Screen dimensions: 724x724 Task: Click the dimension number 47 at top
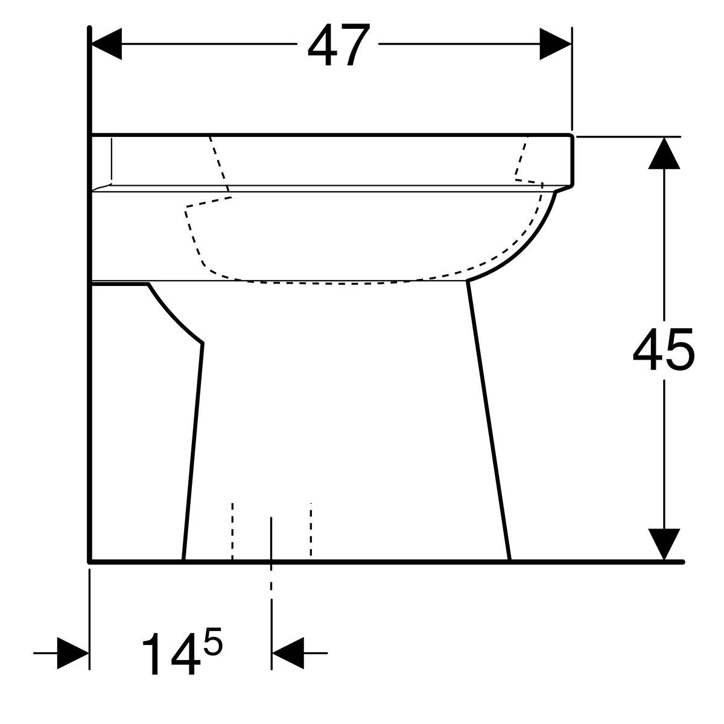[338, 45]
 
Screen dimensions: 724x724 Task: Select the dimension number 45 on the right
[663, 349]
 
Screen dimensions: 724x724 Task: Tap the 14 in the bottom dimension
[171, 654]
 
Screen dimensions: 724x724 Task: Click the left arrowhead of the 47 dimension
[106, 44]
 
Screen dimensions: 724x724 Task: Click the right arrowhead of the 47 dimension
[555, 44]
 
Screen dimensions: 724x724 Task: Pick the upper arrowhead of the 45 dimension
[664, 153]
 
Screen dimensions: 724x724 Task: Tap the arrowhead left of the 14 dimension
[73, 653]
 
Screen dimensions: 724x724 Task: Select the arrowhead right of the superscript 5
[288, 653]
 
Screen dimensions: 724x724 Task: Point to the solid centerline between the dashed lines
[271, 537]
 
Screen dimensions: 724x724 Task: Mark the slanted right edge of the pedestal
[489, 422]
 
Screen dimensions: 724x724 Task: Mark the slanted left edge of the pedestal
[193, 453]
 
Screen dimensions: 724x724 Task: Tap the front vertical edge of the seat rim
[572, 160]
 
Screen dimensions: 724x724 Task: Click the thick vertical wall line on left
[89, 362]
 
